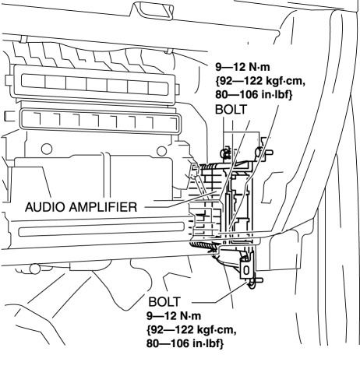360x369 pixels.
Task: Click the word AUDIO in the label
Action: point(45,207)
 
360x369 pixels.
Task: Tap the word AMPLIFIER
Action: point(103,207)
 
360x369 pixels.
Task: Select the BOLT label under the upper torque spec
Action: point(231,110)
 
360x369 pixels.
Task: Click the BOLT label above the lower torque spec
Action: point(164,302)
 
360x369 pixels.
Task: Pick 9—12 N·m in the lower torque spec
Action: point(174,316)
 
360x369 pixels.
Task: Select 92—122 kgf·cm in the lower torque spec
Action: point(192,330)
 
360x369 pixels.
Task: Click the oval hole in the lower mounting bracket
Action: point(246,270)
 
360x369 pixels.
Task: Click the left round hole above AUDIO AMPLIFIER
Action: point(47,149)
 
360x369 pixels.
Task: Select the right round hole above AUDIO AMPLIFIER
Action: point(161,151)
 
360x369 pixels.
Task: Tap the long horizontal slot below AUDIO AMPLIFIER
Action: point(101,229)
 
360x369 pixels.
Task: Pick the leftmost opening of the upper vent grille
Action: point(34,81)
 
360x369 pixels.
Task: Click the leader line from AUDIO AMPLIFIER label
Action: point(181,200)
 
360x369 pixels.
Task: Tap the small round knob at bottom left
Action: point(34,269)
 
